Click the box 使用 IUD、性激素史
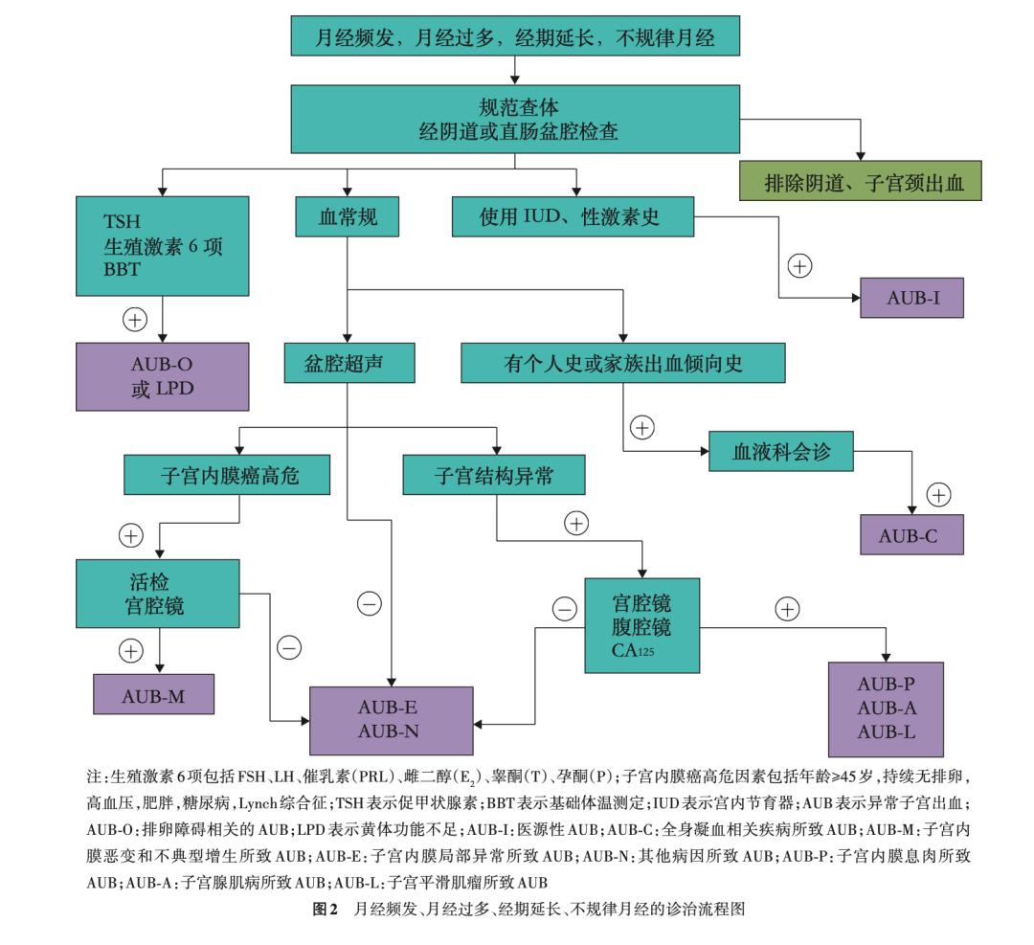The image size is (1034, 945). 573,216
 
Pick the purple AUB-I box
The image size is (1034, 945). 911,299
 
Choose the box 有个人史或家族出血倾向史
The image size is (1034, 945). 623,363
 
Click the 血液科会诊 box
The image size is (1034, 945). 781,451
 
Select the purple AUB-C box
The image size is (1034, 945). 911,534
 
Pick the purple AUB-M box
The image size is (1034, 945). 153,694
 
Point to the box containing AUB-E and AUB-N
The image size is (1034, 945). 393,720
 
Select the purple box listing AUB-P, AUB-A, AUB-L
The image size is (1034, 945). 886,709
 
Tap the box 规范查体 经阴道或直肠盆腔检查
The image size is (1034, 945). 516,119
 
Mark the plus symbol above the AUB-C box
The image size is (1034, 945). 939,495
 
